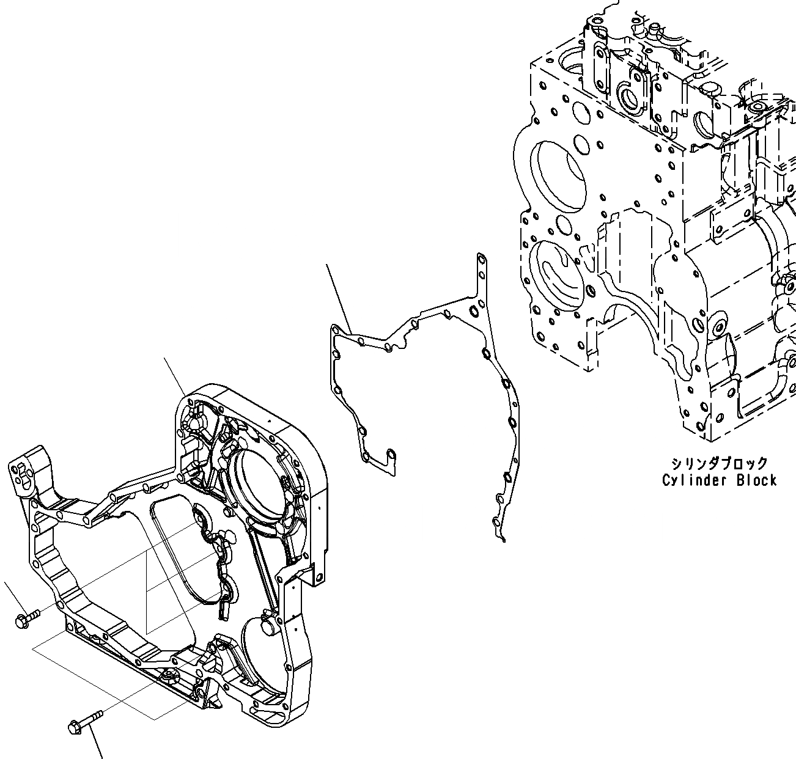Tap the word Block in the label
756,480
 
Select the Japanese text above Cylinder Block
719,464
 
